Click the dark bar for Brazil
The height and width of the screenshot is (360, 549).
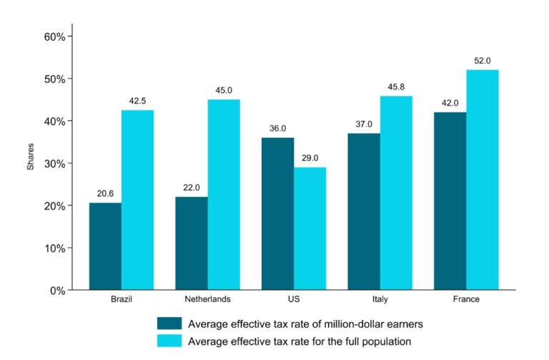tap(105, 246)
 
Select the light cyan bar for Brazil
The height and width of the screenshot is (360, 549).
tap(137, 200)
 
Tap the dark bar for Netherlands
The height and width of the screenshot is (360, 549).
tap(192, 244)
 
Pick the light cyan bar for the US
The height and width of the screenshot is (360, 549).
tap(310, 229)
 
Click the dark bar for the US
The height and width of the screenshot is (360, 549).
tap(277, 214)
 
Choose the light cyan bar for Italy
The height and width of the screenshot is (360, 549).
tap(396, 193)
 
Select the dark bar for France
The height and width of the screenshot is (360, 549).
tap(450, 201)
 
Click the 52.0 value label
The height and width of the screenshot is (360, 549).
tap(483, 61)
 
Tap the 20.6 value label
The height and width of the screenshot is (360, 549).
tap(105, 194)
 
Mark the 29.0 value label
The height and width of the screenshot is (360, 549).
tap(310, 158)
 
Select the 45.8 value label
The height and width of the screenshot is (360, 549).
tap(396, 86)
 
